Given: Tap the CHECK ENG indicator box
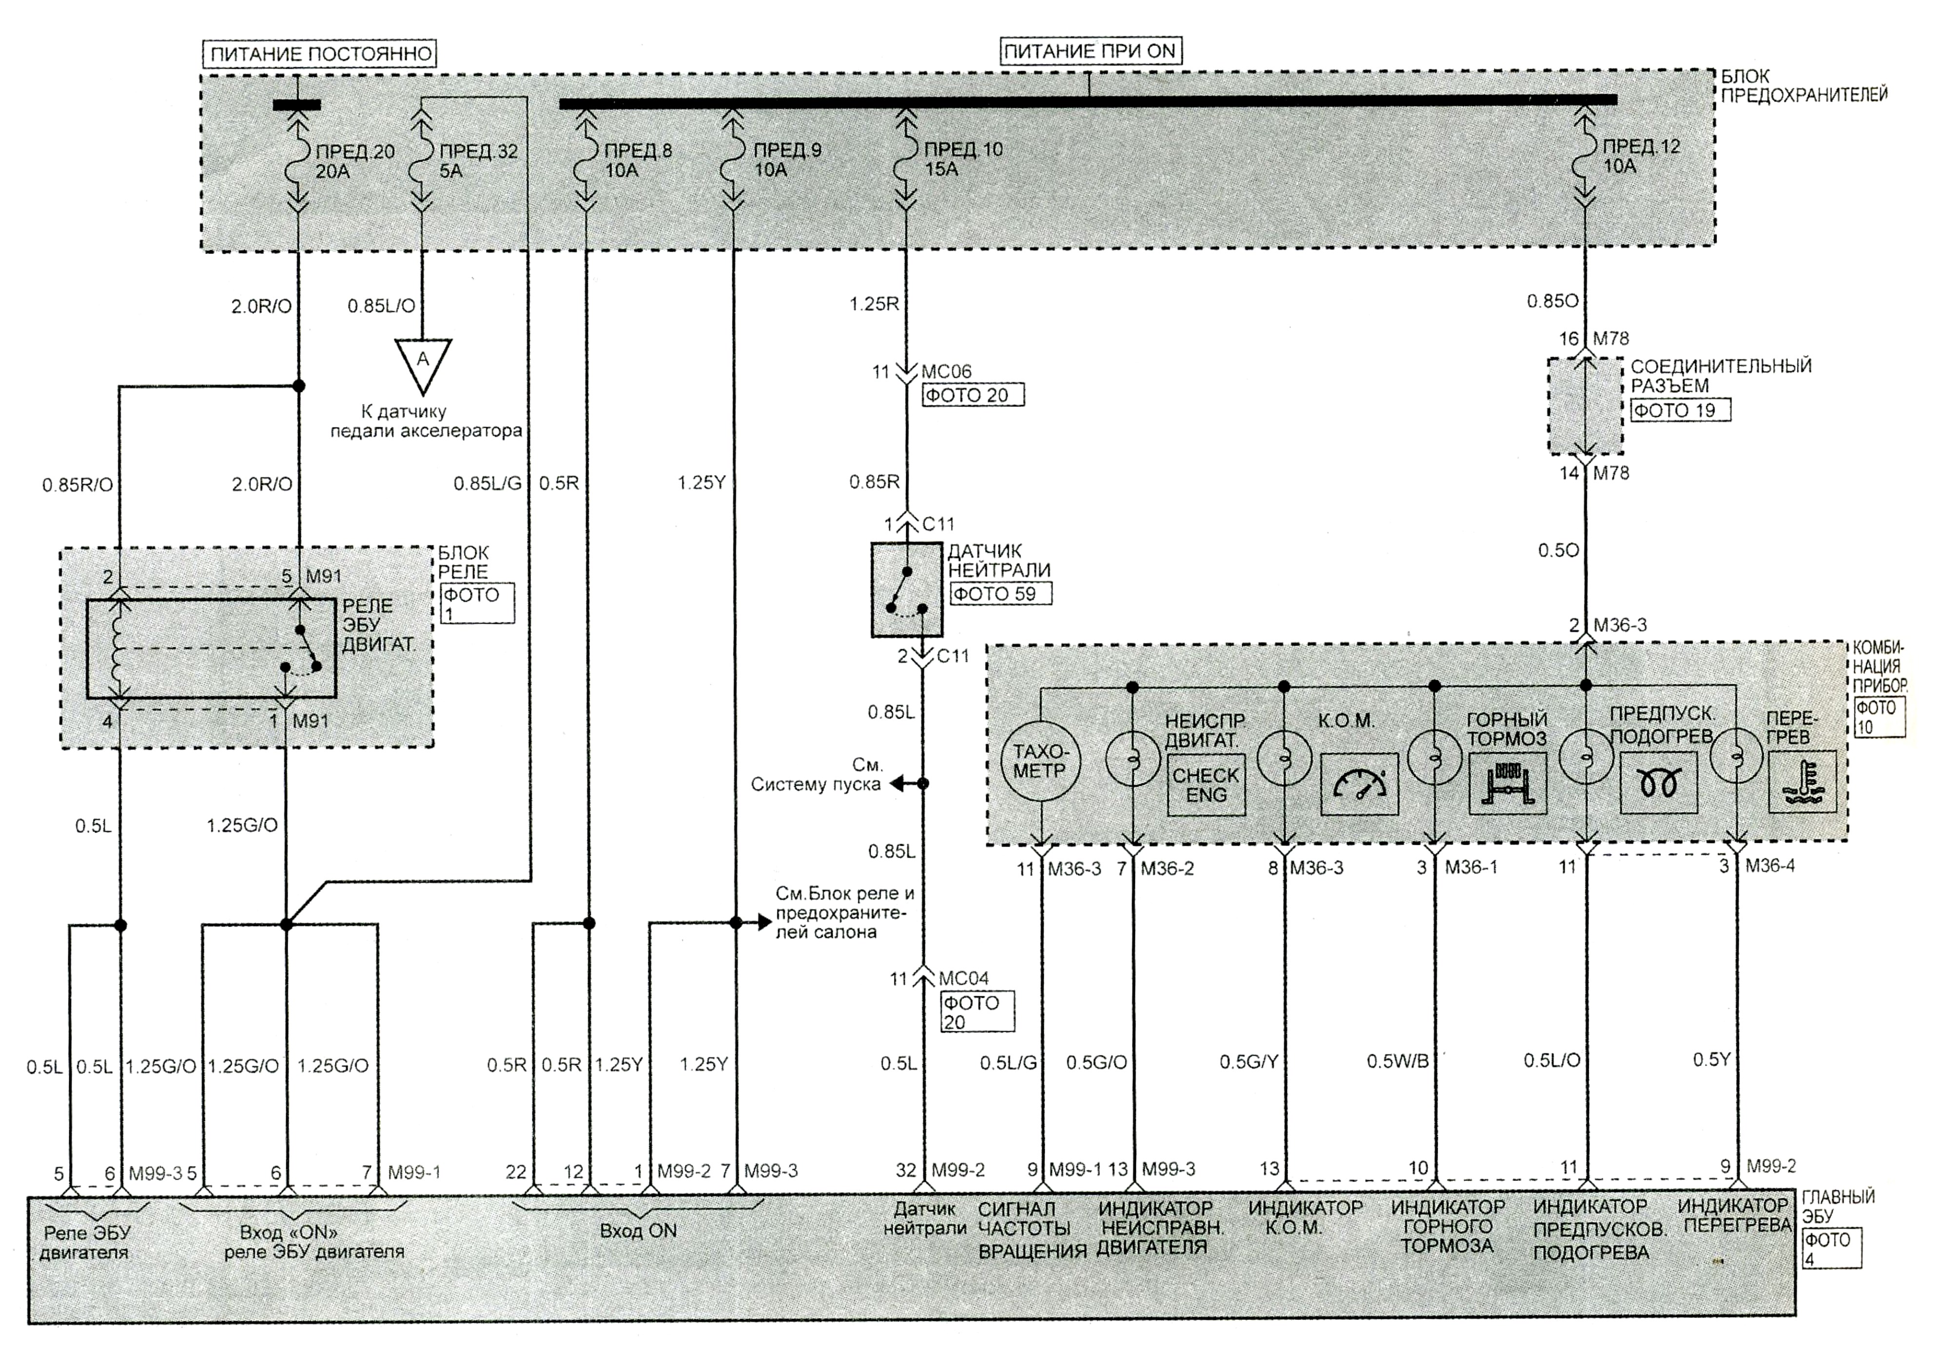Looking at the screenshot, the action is pos(1206,785).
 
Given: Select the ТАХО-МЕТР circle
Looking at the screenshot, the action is pos(1040,762).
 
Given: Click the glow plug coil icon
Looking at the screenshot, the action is pos(1658,783).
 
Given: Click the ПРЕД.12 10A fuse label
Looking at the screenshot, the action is pos(1641,156).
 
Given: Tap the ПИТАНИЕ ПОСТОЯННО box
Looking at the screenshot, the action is pos(320,54).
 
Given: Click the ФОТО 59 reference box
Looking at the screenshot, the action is pos(1000,594).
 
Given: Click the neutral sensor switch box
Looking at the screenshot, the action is pos(906,589).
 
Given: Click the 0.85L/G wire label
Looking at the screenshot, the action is pos(487,483).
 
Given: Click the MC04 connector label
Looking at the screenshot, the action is pos(964,978).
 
